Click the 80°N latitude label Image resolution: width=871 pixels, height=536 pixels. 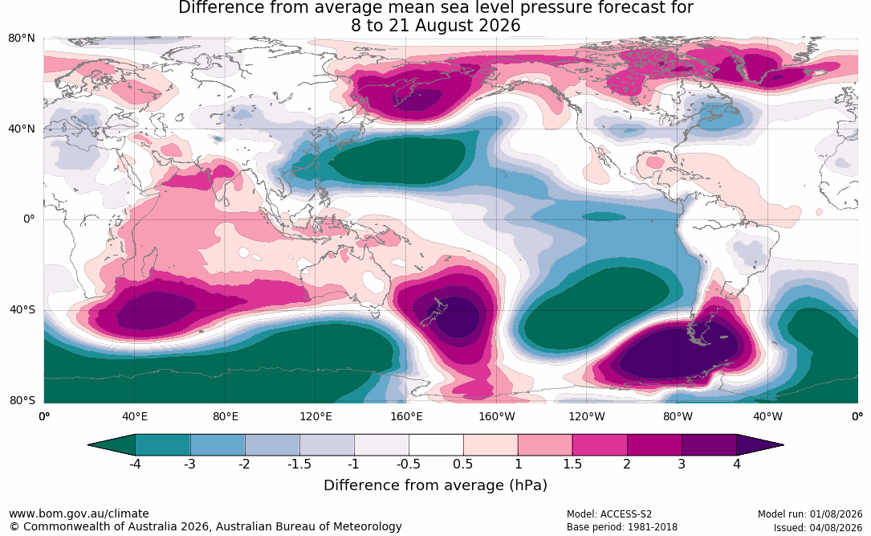(21, 39)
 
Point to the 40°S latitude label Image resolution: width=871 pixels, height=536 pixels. (22, 309)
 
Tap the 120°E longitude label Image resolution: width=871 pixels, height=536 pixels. (315, 416)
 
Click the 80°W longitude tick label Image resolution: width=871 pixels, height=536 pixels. (678, 416)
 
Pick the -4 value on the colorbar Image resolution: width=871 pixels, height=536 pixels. (134, 464)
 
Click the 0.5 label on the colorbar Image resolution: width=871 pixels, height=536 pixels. (462, 464)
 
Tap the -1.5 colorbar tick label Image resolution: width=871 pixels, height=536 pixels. (299, 464)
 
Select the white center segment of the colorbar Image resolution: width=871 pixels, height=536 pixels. (436, 445)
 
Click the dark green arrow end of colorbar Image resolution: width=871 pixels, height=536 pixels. (114, 445)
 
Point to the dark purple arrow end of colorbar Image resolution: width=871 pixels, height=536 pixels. (759, 445)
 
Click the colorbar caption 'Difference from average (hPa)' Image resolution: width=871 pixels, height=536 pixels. (435, 485)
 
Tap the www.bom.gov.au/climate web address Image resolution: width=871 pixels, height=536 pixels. (79, 513)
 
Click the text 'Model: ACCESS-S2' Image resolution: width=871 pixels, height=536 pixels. (608, 514)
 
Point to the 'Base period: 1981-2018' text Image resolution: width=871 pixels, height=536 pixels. (621, 526)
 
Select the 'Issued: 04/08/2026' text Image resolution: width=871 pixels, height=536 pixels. (818, 528)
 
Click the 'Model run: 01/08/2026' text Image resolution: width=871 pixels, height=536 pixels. (810, 514)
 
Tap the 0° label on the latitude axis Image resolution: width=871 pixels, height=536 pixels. (29, 219)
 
